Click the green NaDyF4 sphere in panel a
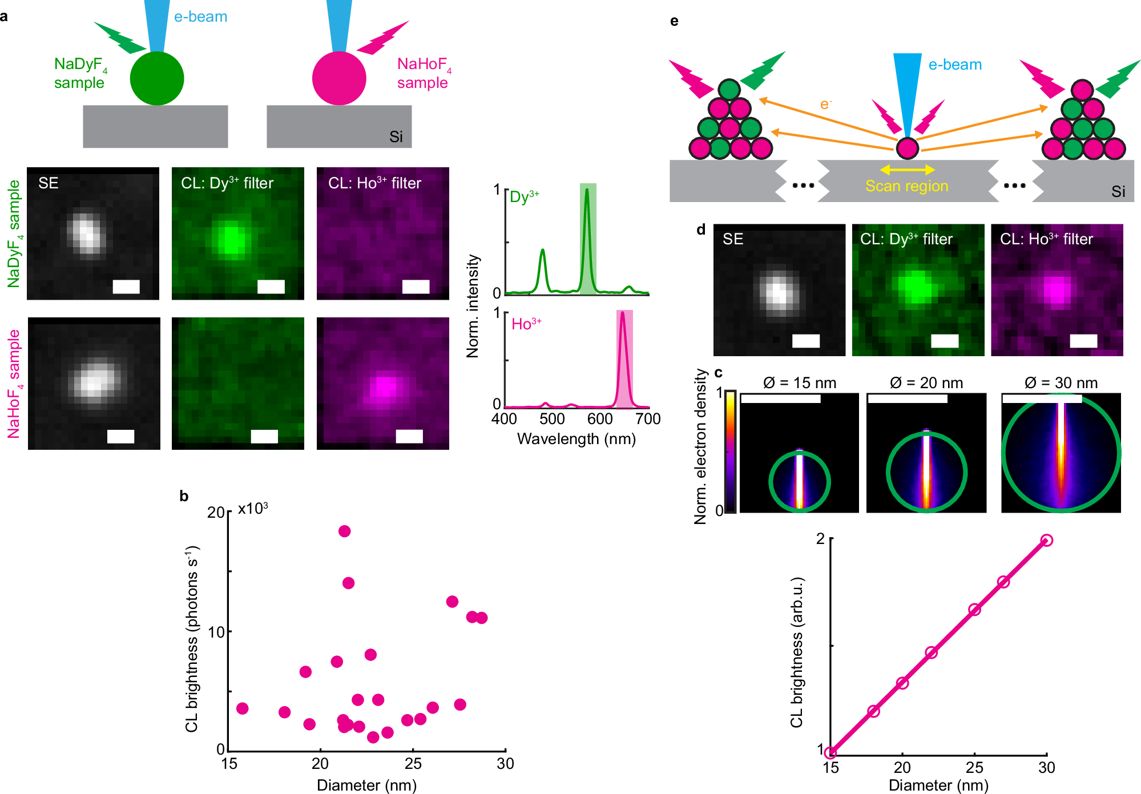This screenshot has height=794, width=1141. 156,79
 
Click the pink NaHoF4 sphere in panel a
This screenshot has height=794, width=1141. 339,79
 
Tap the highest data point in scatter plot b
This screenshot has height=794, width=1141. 344,531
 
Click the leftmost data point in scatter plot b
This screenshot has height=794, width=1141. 242,708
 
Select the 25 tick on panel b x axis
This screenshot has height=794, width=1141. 413,763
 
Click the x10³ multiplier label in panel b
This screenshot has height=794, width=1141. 253,509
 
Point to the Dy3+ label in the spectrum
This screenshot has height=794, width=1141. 524,197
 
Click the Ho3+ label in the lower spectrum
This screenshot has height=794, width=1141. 526,324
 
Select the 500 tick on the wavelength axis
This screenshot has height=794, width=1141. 552,419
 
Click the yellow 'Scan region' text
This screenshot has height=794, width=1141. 906,186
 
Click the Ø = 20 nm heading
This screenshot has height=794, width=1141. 926,383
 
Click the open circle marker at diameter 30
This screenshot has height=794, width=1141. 1046,540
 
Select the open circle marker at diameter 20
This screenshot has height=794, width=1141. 902,683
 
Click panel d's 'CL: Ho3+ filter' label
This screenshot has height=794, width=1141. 1046,239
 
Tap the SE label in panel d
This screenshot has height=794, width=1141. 732,239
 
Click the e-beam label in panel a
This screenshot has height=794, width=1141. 200,17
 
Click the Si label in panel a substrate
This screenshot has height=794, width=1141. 396,137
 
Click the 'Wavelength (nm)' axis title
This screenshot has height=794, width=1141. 576,439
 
